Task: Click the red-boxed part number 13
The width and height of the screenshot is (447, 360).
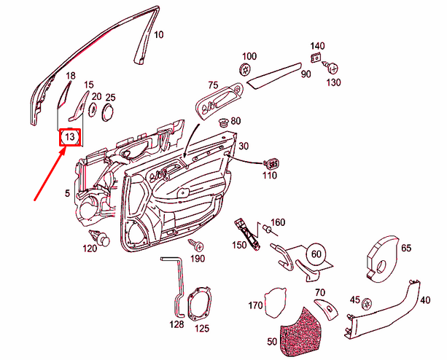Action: [70, 136]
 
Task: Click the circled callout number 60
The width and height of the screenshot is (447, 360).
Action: [316, 254]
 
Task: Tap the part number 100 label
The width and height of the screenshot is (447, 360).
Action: [249, 56]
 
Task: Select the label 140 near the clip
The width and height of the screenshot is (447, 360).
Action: [317, 46]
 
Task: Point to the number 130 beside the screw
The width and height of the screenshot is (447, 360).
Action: [333, 82]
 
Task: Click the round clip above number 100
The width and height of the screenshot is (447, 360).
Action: [245, 70]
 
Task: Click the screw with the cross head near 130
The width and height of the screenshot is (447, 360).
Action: [333, 68]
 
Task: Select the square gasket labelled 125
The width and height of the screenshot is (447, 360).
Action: [199, 304]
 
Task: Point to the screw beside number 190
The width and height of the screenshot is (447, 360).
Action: [195, 243]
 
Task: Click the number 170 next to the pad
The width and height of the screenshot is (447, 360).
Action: [255, 305]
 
